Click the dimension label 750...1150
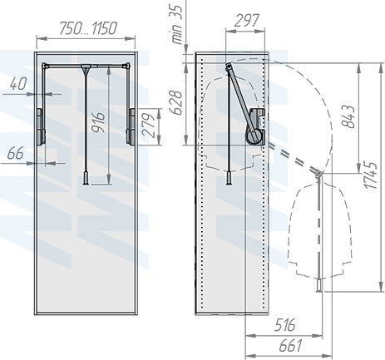(x=86, y=28)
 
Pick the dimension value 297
(x=245, y=21)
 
